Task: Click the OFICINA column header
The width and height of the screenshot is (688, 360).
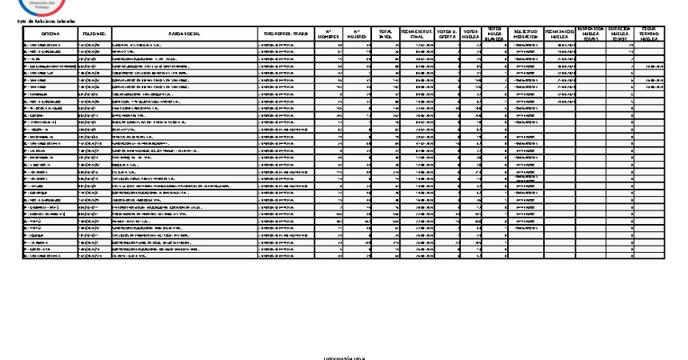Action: (x=51, y=34)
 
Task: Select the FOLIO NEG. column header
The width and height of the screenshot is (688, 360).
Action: (x=94, y=34)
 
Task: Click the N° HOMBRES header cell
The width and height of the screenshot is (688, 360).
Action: (x=330, y=34)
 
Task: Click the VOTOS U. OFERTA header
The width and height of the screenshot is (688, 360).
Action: (x=447, y=34)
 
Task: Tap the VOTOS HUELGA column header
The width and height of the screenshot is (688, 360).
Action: (x=472, y=34)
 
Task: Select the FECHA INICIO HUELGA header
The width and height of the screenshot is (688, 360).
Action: (x=558, y=34)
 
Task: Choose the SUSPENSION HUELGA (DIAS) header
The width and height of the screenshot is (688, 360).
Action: (x=591, y=34)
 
